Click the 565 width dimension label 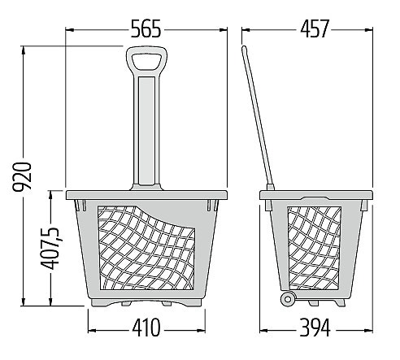tap(146, 28)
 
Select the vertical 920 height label tap(26, 177)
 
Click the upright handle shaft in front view tap(146, 134)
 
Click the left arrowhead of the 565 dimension tap(69, 28)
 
